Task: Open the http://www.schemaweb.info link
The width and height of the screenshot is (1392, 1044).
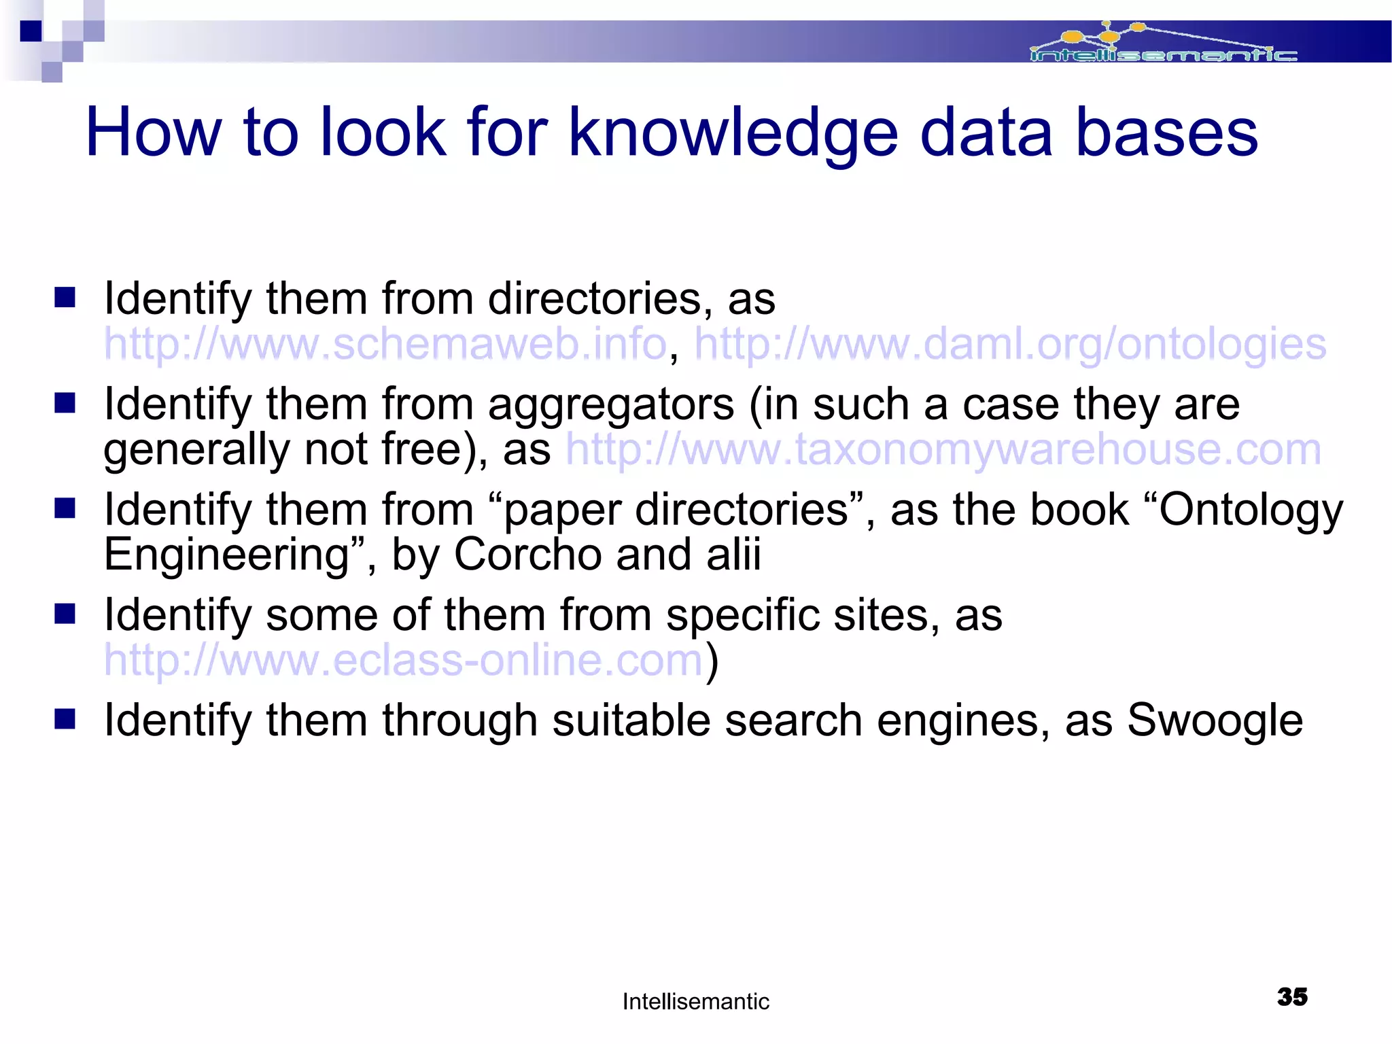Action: (x=385, y=344)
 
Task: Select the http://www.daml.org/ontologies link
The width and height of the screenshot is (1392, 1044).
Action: (x=1009, y=344)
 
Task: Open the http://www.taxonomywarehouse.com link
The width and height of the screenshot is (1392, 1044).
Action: (x=943, y=449)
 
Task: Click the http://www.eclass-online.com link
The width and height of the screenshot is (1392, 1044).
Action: (x=403, y=660)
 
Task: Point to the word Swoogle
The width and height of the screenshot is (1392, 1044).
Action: (x=1215, y=720)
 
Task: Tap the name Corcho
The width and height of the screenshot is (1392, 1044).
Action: (x=527, y=555)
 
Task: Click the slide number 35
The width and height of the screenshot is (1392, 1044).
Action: (x=1292, y=997)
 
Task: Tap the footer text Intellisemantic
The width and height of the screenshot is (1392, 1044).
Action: (x=695, y=1001)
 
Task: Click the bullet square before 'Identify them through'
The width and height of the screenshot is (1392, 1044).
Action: (x=65, y=718)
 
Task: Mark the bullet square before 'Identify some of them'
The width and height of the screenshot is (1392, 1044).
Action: (x=65, y=614)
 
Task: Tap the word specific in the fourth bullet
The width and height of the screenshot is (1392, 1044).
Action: (x=742, y=616)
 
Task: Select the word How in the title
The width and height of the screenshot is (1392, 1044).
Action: (x=153, y=133)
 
